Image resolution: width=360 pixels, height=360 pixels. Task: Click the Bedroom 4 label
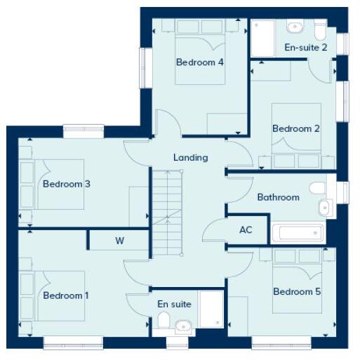(x=200, y=62)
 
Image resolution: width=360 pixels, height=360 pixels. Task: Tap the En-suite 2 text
(x=306, y=48)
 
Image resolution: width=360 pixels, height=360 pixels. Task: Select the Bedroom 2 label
(x=296, y=128)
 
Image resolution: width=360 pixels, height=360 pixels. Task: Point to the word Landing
(x=191, y=157)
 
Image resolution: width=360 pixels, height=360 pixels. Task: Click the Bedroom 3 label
(x=67, y=184)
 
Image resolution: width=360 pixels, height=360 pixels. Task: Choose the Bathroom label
(x=278, y=197)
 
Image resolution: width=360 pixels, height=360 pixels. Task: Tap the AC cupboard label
(x=246, y=229)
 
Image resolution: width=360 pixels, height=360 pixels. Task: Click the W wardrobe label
(x=119, y=241)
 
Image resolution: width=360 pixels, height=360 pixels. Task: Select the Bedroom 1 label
(x=66, y=295)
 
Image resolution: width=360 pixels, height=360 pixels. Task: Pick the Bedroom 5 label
(x=297, y=291)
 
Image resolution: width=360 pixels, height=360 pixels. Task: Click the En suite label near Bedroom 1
(x=175, y=304)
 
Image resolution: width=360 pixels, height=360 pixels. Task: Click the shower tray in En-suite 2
(x=263, y=39)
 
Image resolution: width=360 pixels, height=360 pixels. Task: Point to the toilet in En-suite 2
(x=320, y=29)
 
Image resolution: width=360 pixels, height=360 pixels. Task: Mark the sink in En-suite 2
(x=295, y=27)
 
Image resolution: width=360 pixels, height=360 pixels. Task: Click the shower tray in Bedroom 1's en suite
(x=211, y=309)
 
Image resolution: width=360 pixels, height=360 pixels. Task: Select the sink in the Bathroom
(x=325, y=208)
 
